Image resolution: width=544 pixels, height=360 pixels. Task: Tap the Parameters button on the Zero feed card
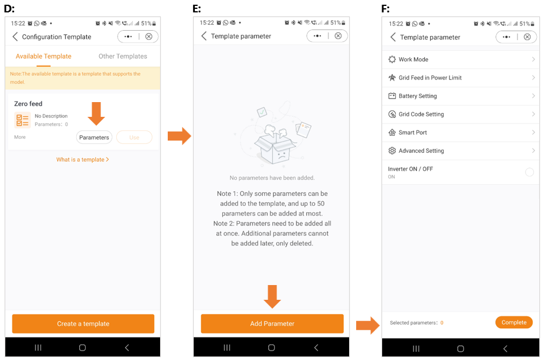94,137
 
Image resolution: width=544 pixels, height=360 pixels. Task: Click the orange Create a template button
83,323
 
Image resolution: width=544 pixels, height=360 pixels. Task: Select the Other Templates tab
123,56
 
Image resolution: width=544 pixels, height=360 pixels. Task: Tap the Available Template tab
43,56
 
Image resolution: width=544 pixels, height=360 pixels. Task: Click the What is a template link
83,159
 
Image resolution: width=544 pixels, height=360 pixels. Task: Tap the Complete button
514,322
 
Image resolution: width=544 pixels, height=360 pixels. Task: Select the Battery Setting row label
418,96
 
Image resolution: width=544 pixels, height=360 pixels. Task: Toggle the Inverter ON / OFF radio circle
529,172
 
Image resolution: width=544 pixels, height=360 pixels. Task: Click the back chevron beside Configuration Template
15,37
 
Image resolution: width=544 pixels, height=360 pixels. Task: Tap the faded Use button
134,137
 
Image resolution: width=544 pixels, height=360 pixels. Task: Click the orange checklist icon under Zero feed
22,120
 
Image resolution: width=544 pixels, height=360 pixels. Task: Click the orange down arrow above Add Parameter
272,297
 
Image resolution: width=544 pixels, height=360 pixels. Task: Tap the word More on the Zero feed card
19,137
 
